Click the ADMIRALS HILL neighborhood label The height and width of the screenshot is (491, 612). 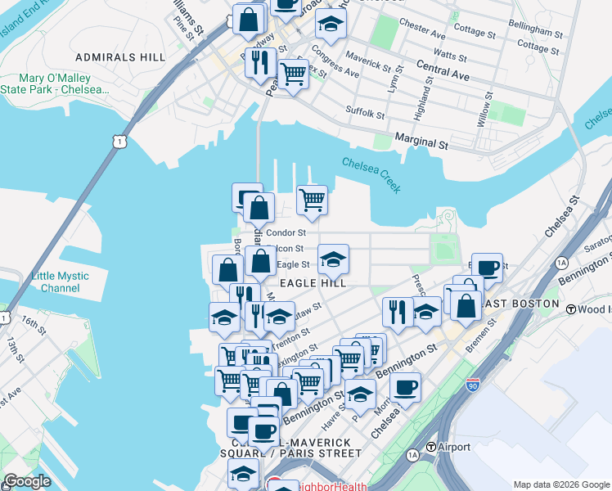(x=120, y=57)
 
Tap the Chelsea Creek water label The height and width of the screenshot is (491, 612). (x=371, y=175)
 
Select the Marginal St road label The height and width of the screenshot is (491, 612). (x=422, y=142)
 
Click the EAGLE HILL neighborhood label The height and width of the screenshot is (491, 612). (x=313, y=282)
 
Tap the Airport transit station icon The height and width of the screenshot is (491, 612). (x=431, y=447)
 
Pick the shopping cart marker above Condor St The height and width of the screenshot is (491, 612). (x=312, y=199)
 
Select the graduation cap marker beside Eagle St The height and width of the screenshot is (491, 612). (x=333, y=259)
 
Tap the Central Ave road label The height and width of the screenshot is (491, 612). (x=443, y=74)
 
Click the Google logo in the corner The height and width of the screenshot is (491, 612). (x=26, y=481)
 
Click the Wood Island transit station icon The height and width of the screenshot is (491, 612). (x=570, y=310)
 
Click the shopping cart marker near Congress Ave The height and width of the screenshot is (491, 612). (x=294, y=74)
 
